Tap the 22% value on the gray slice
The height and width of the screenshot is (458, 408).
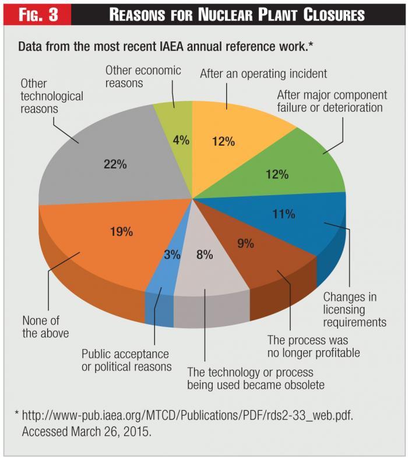point(115,164)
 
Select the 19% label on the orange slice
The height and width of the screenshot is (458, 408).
point(122,231)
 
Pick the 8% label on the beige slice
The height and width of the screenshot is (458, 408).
point(204,254)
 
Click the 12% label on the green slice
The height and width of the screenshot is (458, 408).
point(277,174)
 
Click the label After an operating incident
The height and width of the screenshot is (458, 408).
point(263,74)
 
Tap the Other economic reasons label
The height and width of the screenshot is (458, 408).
point(143,77)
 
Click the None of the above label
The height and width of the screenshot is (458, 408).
point(45,327)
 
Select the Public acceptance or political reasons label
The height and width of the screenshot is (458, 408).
point(126,360)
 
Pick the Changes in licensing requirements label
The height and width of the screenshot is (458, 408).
point(354,309)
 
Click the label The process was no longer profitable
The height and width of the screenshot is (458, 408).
point(313,346)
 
